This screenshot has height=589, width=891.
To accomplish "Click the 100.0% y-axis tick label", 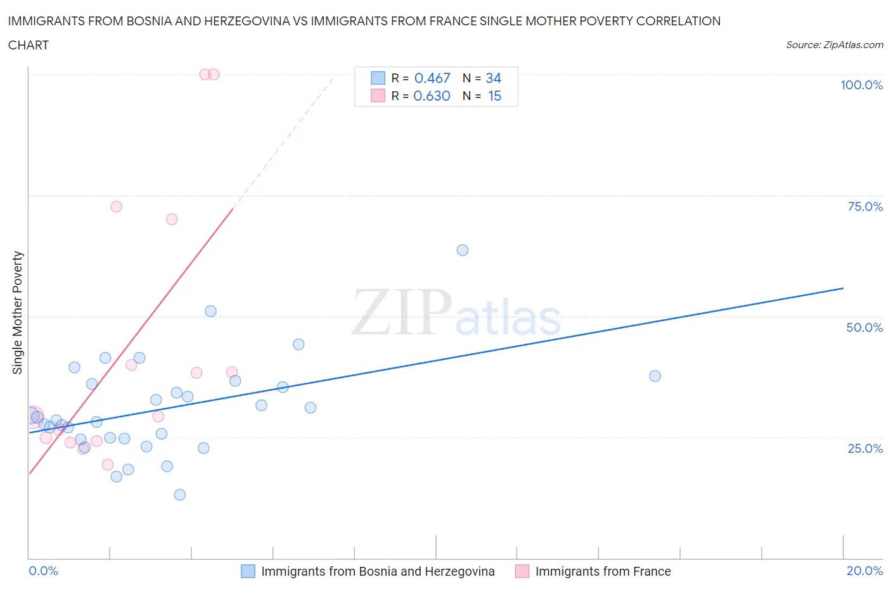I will [x=861, y=85].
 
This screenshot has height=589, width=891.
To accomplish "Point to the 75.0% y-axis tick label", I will [x=865, y=206].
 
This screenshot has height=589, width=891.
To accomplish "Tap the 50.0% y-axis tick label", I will [x=864, y=327].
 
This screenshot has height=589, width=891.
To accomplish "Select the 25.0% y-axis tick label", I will [x=865, y=448].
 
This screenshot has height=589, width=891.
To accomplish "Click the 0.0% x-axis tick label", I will [x=43, y=571].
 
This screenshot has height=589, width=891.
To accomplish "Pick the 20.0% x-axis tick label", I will [x=864, y=571].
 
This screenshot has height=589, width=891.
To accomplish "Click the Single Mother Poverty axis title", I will [x=17, y=312].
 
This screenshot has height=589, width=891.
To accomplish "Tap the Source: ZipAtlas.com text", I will [x=834, y=45].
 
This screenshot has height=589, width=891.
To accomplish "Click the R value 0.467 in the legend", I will [x=432, y=78].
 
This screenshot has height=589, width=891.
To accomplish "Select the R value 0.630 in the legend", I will [x=432, y=96].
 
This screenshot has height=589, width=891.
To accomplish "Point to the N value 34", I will [x=493, y=78].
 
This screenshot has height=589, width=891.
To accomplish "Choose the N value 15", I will [x=494, y=96].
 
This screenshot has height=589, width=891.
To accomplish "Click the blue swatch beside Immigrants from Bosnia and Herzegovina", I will [x=248, y=571].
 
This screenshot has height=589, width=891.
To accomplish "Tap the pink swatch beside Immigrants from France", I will [x=522, y=571].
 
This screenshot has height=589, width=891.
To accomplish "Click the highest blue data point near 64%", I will [x=463, y=250].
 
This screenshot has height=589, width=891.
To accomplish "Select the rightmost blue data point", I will [x=655, y=376].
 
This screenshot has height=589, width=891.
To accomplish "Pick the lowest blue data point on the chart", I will [x=180, y=495].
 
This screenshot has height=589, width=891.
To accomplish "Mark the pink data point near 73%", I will [x=116, y=206].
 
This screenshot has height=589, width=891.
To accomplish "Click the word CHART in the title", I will [x=29, y=45].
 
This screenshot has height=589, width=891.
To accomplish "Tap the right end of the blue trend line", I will [x=843, y=288].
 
